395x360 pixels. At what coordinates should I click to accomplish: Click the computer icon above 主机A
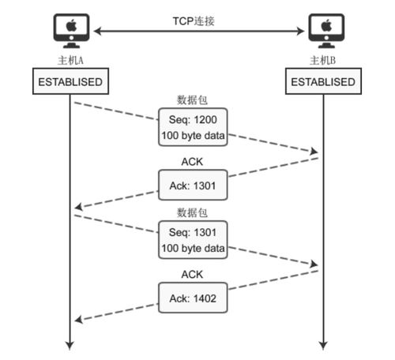pyautogui.click(x=71, y=31)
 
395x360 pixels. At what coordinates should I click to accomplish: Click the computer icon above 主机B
pyautogui.click(x=326, y=31)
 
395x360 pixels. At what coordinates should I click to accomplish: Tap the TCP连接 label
pyautogui.click(x=194, y=21)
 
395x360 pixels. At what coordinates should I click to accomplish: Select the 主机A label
pyautogui.click(x=70, y=60)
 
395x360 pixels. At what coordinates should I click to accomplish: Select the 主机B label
pyautogui.click(x=323, y=60)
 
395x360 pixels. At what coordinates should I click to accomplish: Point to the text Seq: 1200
pyautogui.click(x=193, y=120)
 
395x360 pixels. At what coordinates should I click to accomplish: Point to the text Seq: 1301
pyautogui.click(x=193, y=232)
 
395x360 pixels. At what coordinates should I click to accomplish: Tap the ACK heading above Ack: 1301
pyautogui.click(x=192, y=162)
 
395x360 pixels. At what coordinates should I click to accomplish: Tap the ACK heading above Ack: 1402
pyautogui.click(x=192, y=275)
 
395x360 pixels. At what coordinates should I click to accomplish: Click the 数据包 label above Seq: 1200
pyautogui.click(x=192, y=100)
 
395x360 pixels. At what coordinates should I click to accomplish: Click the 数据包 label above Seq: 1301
pyautogui.click(x=192, y=212)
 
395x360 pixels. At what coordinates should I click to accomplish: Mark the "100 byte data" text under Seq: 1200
pyautogui.click(x=193, y=136)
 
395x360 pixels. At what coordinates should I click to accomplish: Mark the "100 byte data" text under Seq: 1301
pyautogui.click(x=193, y=249)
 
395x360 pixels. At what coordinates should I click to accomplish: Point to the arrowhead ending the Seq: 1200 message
pyautogui.click(x=314, y=152)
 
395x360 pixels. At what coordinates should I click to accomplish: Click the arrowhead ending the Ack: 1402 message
pyautogui.click(x=79, y=320)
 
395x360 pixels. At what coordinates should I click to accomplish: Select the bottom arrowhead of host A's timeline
pyautogui.click(x=70, y=346)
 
